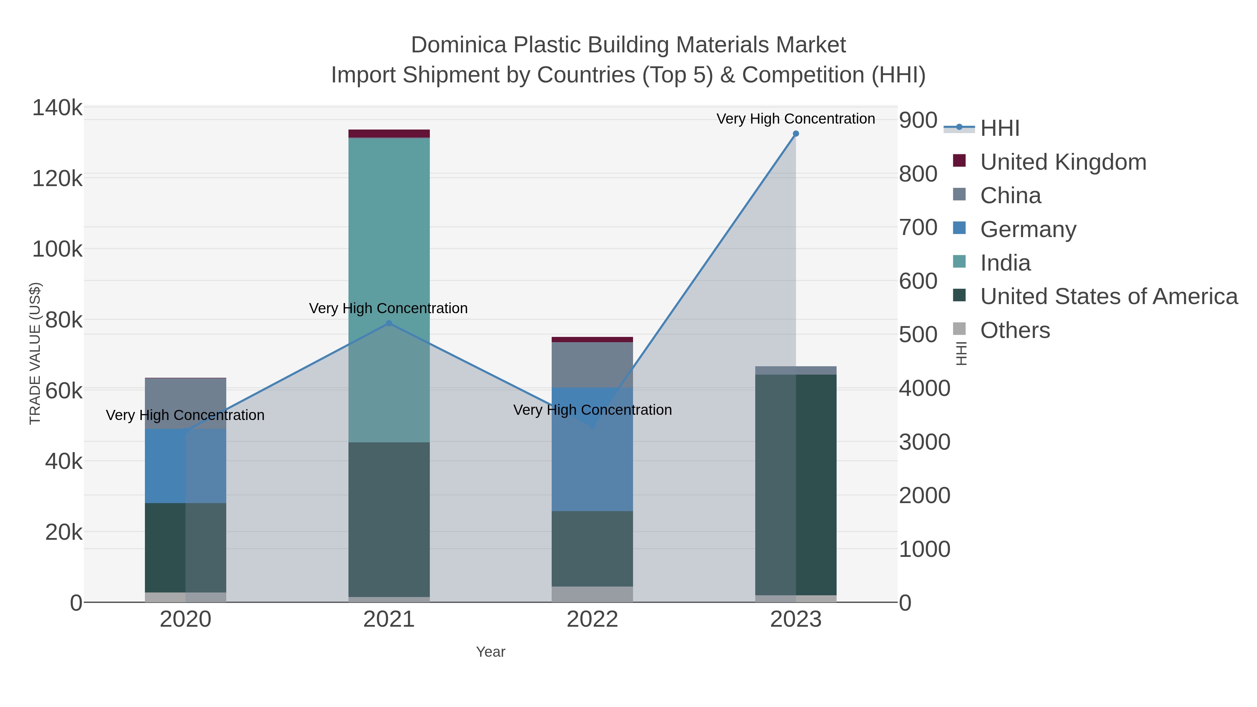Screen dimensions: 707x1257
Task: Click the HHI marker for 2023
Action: [x=796, y=134]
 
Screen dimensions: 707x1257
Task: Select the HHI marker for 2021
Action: [x=389, y=323]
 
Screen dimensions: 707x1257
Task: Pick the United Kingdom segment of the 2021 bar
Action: [x=389, y=133]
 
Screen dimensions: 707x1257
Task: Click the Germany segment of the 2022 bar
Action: [x=593, y=449]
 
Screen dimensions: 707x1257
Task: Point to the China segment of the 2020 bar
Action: [x=185, y=403]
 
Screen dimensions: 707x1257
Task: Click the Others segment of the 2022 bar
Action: [x=593, y=594]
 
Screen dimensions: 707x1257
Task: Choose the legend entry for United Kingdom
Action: [x=1063, y=162]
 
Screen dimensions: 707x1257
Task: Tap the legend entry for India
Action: [x=1005, y=263]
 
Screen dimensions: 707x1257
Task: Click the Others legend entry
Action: [x=1015, y=330]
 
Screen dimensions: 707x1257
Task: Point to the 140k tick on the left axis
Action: [x=57, y=108]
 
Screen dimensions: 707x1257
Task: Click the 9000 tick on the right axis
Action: [x=918, y=120]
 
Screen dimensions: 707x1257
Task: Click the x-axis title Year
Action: [x=491, y=652]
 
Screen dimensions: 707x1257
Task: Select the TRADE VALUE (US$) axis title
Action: [x=35, y=353]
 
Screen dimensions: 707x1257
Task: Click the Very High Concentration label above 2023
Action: [x=795, y=119]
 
